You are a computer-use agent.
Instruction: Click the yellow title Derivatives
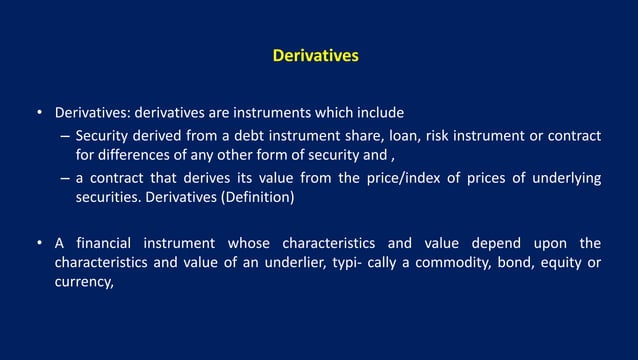point(315,57)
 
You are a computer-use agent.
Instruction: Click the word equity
point(565,263)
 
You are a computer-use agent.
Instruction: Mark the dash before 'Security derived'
point(62,137)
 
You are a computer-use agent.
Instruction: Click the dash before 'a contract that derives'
point(62,178)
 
